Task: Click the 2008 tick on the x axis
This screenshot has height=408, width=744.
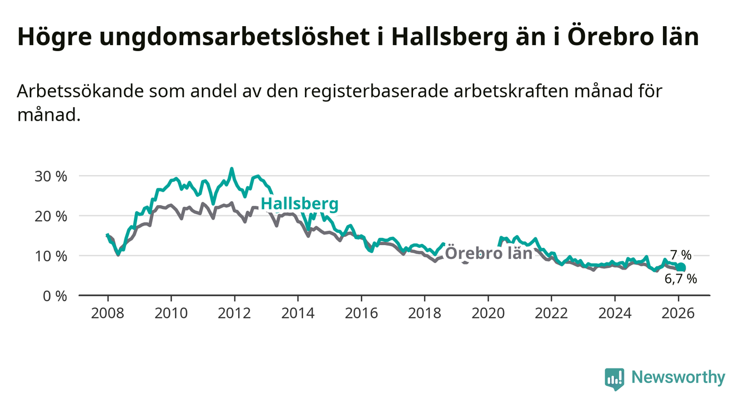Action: [108, 313]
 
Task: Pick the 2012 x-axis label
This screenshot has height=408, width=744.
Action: [234, 313]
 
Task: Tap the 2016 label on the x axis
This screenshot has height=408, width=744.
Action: [361, 313]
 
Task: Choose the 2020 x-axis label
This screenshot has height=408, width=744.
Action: [488, 313]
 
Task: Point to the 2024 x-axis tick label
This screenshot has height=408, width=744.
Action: [615, 313]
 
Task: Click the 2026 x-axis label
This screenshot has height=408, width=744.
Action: [678, 313]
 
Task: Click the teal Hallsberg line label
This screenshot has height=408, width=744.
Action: [299, 204]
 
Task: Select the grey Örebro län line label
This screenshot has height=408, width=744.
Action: [489, 253]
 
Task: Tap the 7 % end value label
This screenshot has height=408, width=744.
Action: [680, 256]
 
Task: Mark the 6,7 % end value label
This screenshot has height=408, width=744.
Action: [680, 279]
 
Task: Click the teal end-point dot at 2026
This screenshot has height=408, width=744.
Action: [681, 267]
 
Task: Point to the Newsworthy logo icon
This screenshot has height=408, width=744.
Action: [614, 379]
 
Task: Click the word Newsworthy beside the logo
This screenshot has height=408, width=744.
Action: [678, 378]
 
